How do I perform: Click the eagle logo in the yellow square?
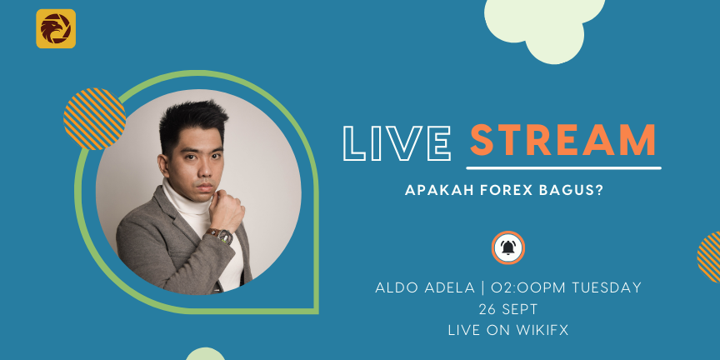tap(56, 28)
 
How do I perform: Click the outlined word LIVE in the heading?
tap(397, 142)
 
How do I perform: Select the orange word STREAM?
tap(563, 140)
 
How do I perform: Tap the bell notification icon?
tap(507, 247)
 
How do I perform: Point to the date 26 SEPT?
tap(507, 309)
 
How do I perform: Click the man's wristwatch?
tap(222, 237)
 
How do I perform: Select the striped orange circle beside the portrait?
tap(95, 119)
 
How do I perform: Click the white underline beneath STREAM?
tap(564, 168)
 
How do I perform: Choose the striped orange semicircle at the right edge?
tap(709, 257)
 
